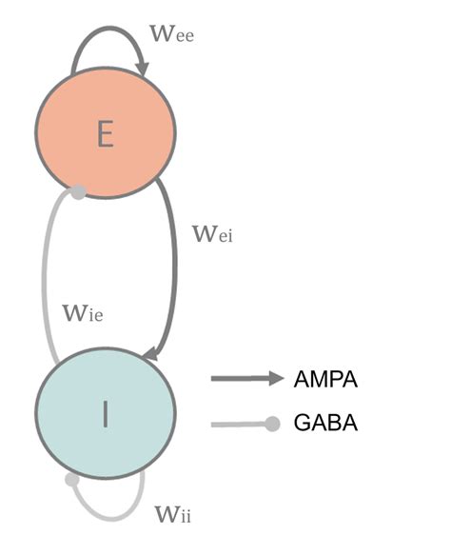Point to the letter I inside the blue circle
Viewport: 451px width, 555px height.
[x=106, y=414]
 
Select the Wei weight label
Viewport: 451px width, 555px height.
[x=211, y=232]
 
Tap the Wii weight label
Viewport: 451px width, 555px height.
[x=173, y=515]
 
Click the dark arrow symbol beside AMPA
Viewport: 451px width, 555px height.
[x=247, y=379]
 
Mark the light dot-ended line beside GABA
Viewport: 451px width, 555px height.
[x=245, y=424]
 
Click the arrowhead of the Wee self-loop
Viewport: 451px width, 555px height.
[x=144, y=68]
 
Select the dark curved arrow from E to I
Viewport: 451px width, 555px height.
[x=174, y=267]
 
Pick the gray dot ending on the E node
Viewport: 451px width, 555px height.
[x=79, y=192]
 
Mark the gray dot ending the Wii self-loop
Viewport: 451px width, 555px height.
[x=72, y=480]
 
